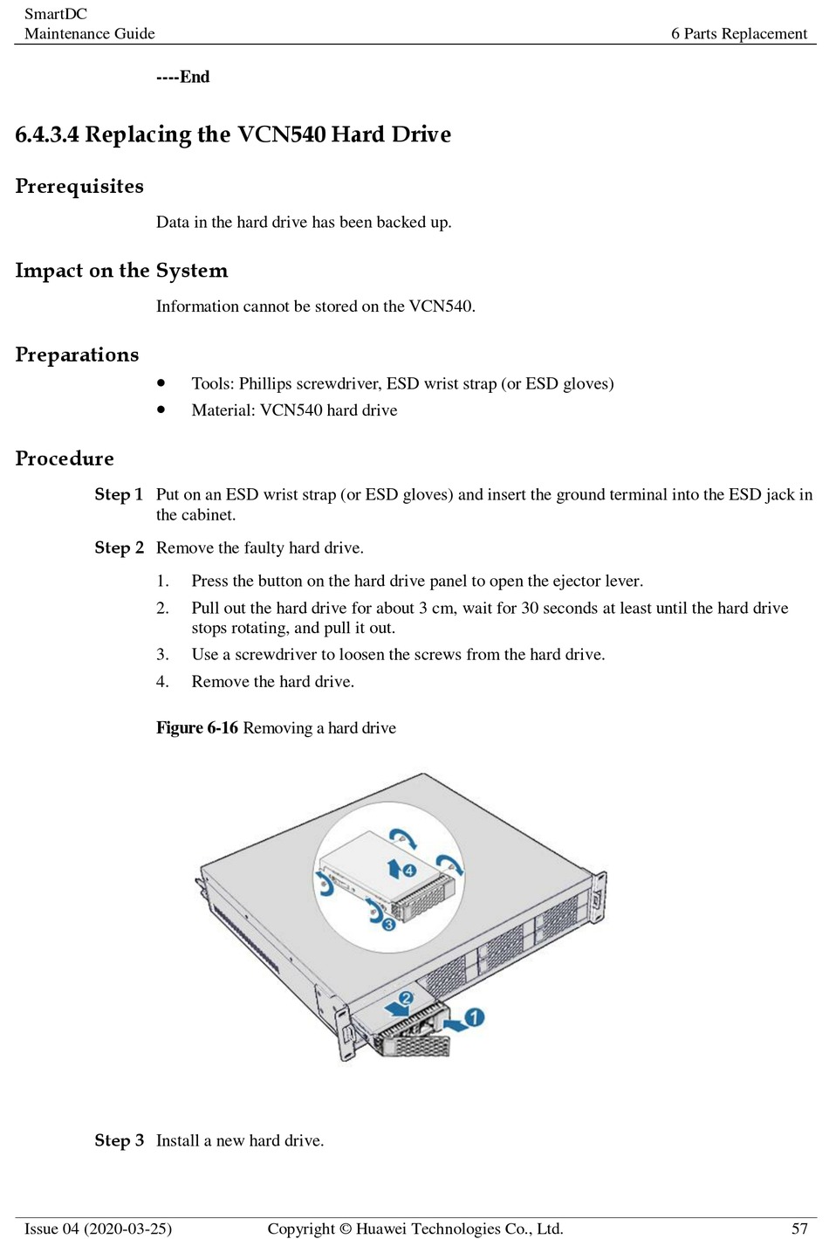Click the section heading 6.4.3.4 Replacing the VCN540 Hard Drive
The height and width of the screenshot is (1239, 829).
[233, 134]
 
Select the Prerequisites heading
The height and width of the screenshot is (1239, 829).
[79, 186]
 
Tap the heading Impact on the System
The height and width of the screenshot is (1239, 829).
[121, 271]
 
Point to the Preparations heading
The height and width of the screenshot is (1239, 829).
[77, 354]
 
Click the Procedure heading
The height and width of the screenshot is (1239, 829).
[65, 458]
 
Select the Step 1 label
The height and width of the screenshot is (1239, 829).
[119, 494]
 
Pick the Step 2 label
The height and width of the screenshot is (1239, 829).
[119, 547]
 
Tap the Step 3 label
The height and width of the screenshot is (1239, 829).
[119, 1140]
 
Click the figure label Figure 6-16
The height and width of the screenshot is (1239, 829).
[197, 727]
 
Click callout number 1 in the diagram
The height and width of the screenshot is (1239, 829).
[474, 1017]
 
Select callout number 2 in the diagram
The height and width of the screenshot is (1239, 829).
[406, 998]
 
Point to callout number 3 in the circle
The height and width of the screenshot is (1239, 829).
[389, 924]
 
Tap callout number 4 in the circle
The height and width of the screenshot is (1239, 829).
[409, 871]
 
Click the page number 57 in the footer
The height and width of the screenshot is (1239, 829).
[799, 1229]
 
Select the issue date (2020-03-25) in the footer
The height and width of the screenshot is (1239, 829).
[128, 1229]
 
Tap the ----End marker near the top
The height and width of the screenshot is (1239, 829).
[183, 77]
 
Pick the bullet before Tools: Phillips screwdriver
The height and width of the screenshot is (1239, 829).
[161, 382]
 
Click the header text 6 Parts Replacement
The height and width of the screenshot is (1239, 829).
[739, 33]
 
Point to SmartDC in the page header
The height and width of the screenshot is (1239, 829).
[56, 14]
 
